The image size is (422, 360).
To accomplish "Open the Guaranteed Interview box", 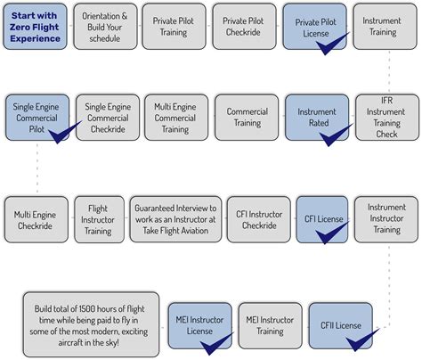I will [174, 219].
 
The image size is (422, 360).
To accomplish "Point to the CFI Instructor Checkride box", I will [258, 219].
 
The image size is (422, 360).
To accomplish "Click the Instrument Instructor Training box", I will [385, 219].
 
